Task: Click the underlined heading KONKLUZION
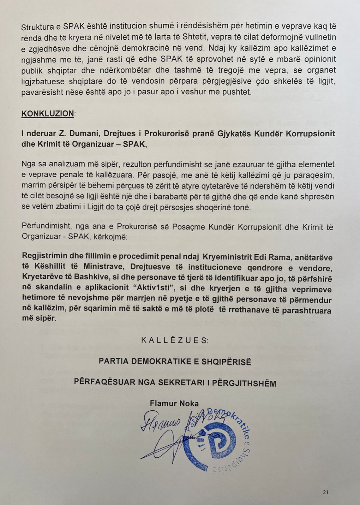[x=47, y=113]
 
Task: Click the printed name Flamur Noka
[x=174, y=403]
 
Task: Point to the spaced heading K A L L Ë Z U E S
[x=175, y=340]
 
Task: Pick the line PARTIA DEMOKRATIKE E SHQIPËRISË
[x=175, y=361]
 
